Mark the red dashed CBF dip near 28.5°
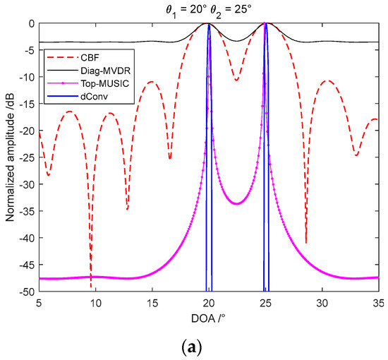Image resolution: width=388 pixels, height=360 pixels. (x=305, y=241)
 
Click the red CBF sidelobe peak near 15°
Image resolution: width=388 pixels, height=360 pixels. (x=152, y=82)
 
